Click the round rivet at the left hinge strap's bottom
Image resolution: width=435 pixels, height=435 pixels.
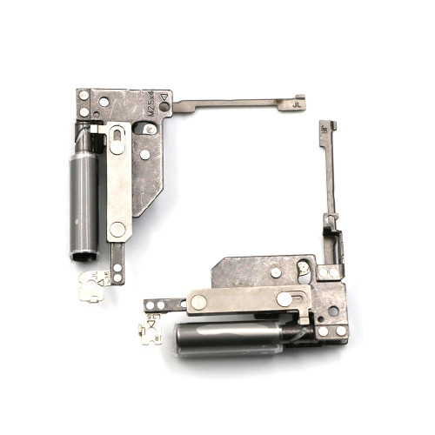click(117, 229)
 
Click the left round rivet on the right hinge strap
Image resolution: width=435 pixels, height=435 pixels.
click(198, 302)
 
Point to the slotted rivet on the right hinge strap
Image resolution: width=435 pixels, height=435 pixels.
click(284, 298)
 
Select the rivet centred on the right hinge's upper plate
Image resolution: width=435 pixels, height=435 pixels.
click(276, 272)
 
